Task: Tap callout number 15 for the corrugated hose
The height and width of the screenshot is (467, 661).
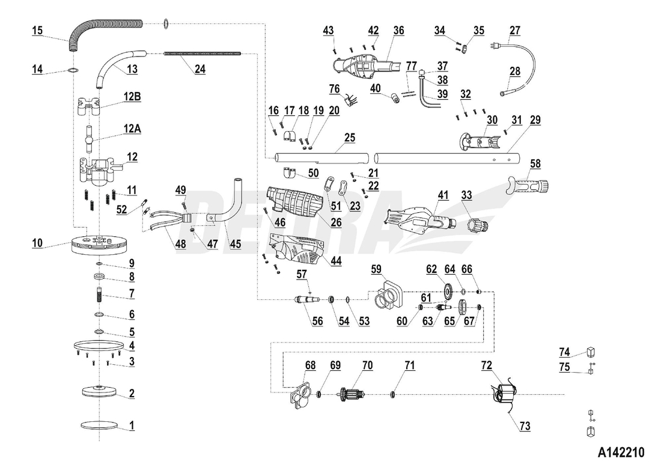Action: tap(37, 29)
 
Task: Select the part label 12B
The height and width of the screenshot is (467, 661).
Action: tap(132, 97)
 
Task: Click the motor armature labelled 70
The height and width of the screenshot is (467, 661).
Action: tap(357, 394)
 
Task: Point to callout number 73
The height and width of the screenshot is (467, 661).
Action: tap(525, 426)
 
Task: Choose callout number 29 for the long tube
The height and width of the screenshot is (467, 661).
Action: tap(535, 120)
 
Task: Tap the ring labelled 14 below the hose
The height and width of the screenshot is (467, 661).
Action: tap(73, 70)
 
